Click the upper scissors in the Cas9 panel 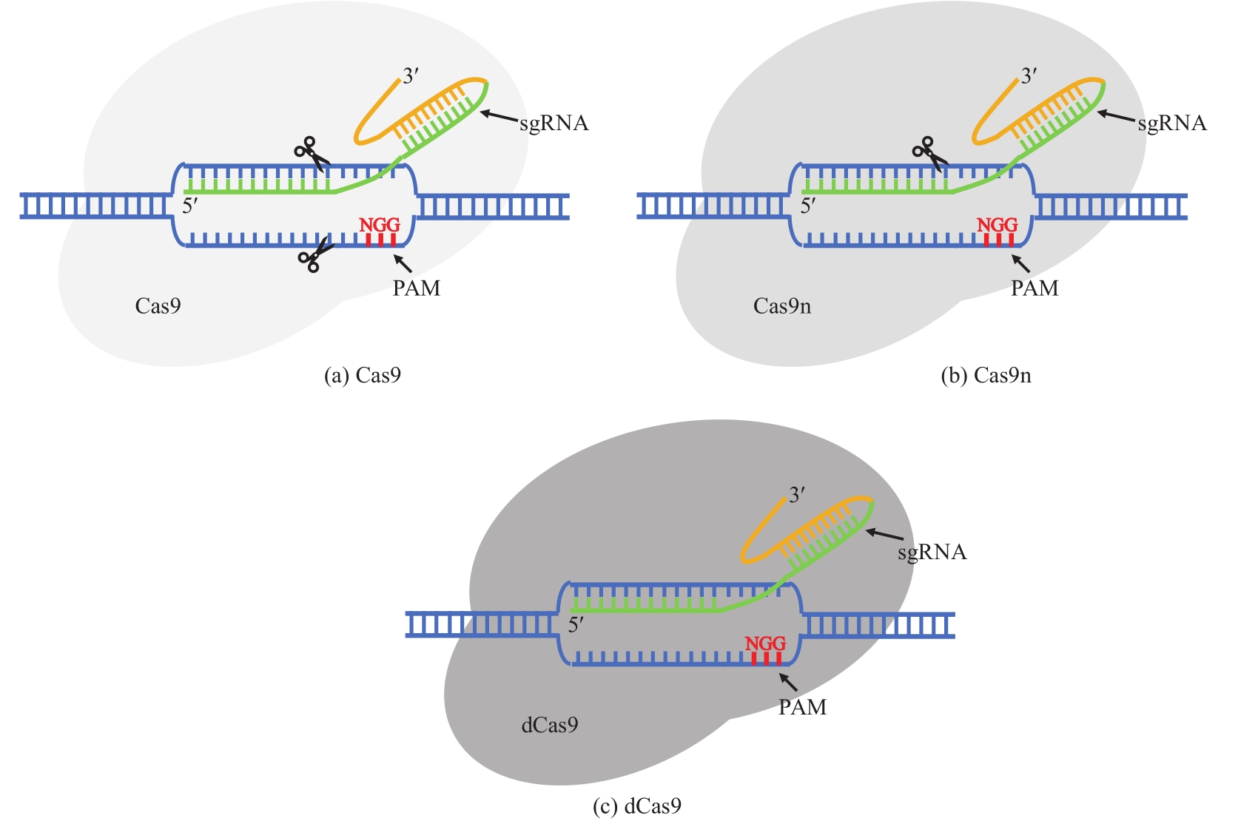tap(310, 153)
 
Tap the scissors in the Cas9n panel tap(928, 153)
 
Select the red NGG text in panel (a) tap(380, 225)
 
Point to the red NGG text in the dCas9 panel tap(765, 644)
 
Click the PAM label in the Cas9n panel tap(1035, 288)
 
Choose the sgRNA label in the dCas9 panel tap(932, 553)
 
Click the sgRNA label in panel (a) tap(554, 124)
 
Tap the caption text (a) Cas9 tap(363, 376)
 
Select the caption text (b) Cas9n tap(986, 376)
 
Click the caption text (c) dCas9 tap(637, 806)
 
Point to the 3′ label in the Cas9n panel tap(1029, 76)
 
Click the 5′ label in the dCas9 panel tap(576, 625)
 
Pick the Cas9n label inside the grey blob tap(782, 306)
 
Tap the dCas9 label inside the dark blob tap(550, 726)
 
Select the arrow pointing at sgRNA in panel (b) tap(1115, 116)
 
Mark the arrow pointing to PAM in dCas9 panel tap(789, 682)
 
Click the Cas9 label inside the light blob tap(158, 306)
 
